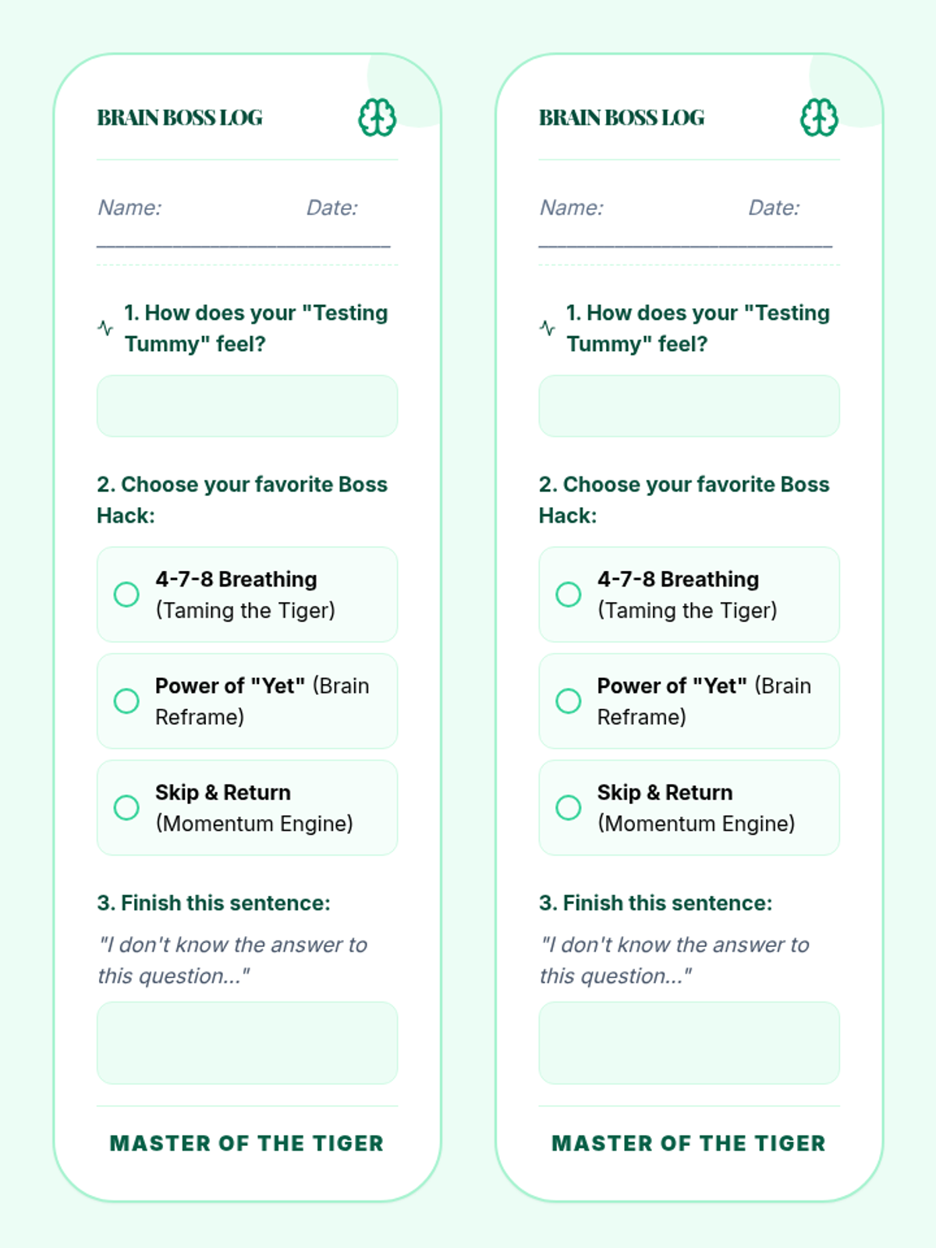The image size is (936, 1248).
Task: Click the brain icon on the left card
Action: click(377, 118)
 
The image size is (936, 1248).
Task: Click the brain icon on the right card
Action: click(819, 118)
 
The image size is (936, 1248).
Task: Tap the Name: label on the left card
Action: click(129, 207)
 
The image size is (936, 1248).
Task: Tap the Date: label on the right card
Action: click(774, 207)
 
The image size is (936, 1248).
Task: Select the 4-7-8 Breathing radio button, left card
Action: click(126, 594)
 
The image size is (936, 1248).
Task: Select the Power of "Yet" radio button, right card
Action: click(569, 701)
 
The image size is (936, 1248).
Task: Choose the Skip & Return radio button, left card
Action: click(126, 807)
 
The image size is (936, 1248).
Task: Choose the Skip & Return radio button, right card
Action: click(569, 807)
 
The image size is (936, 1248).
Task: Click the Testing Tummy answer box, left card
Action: click(247, 406)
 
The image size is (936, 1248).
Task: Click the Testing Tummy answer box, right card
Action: click(690, 406)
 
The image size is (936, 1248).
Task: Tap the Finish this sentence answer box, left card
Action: click(247, 1043)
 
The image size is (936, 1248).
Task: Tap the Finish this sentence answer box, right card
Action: click(690, 1043)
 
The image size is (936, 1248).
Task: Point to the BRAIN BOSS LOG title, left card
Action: click(179, 118)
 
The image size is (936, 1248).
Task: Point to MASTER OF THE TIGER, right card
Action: click(689, 1143)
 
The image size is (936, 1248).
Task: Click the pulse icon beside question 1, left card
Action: click(105, 328)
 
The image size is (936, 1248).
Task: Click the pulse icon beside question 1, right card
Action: click(548, 328)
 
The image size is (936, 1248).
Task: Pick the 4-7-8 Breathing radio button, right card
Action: click(569, 594)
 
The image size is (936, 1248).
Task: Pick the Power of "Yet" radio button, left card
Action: click(126, 701)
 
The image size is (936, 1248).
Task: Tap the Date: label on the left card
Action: click(332, 207)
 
